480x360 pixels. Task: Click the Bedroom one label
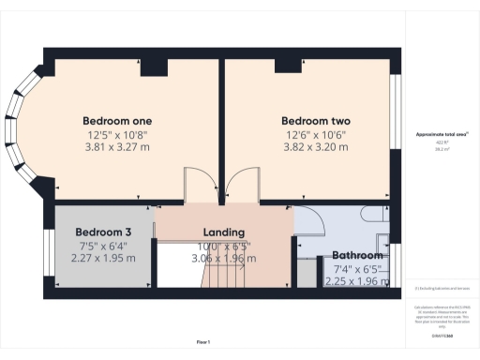pos(117,121)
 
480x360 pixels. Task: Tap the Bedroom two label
pos(315,121)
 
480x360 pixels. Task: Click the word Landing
pos(224,232)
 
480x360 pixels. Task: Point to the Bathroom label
pos(356,255)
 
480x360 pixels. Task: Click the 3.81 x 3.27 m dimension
pos(117,146)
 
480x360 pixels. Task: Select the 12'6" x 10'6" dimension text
pos(315,134)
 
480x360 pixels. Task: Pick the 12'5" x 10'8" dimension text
pos(117,134)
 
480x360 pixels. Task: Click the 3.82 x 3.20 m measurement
pos(315,146)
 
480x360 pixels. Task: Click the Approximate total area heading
pos(442,134)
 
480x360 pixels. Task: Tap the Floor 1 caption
pos(203,342)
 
